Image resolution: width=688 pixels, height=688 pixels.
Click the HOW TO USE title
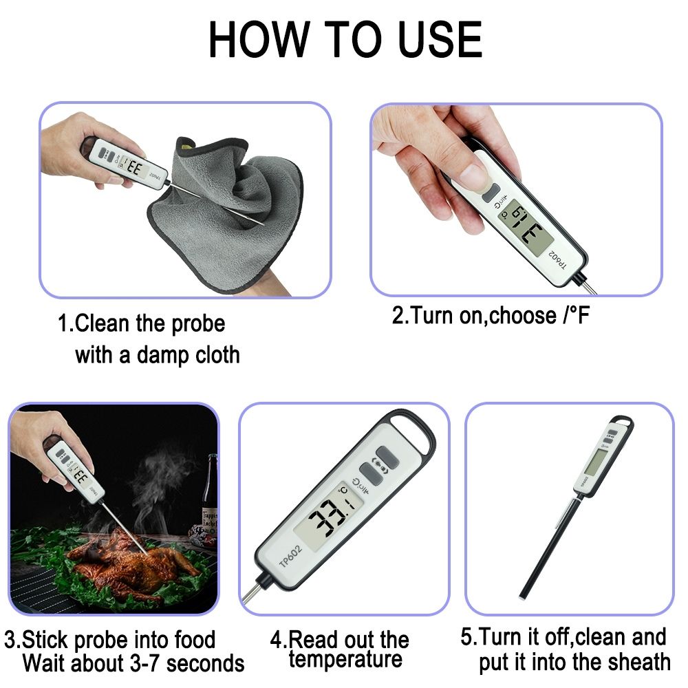[345, 40]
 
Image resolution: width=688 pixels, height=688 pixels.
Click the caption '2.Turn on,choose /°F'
[491, 316]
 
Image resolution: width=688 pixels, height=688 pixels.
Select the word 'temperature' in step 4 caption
[345, 659]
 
